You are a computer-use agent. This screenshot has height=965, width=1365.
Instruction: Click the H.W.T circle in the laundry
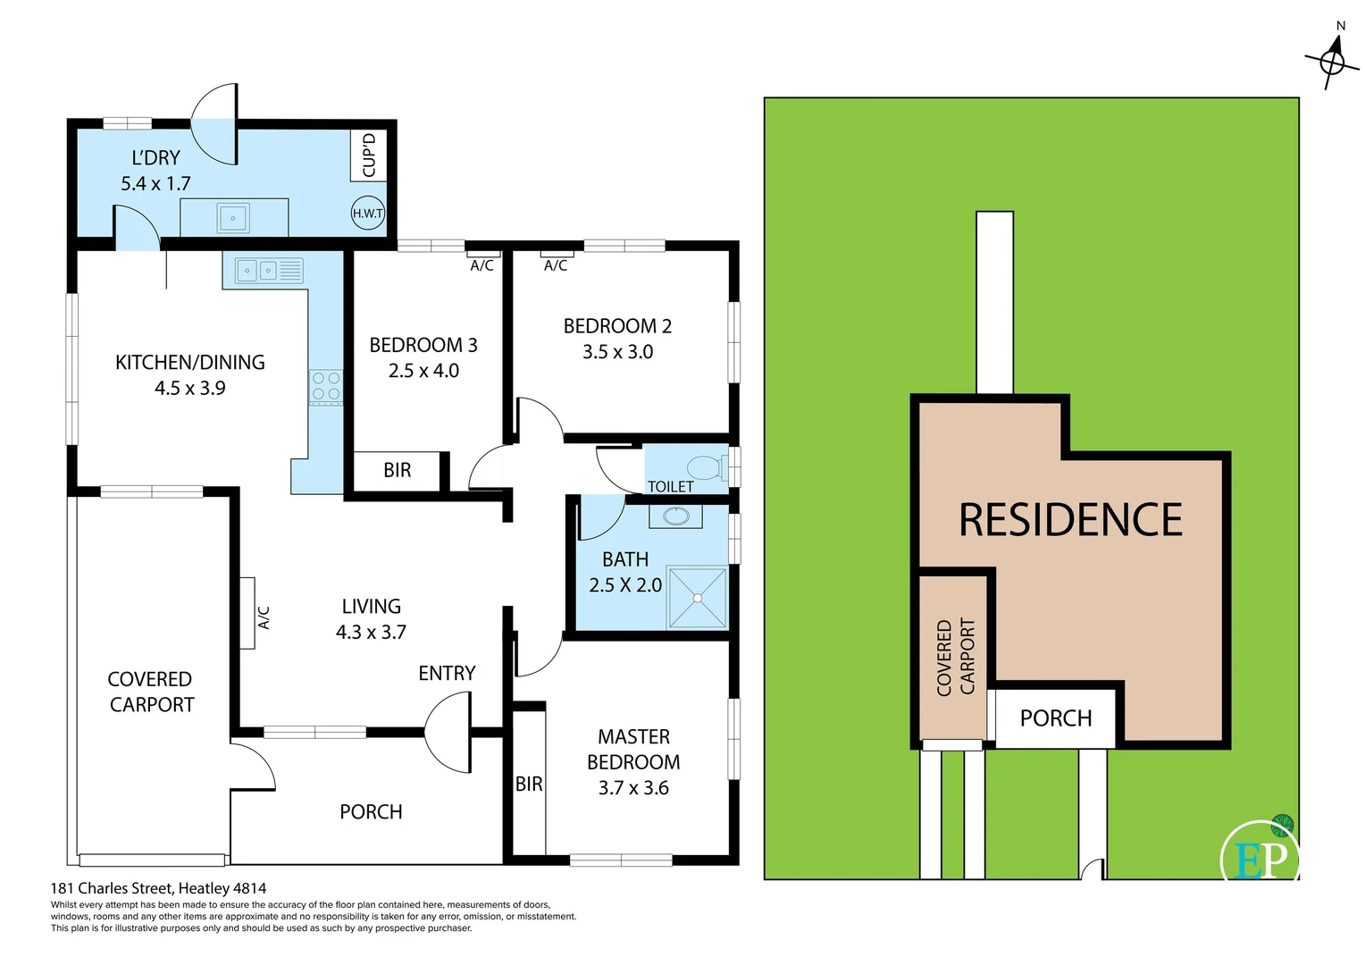(x=367, y=213)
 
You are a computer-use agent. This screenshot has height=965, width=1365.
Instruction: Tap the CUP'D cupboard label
(x=368, y=155)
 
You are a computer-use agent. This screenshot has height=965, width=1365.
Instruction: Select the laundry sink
(x=233, y=218)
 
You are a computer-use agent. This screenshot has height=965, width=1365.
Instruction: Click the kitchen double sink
(x=268, y=270)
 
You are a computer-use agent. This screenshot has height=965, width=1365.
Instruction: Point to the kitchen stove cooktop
(x=326, y=387)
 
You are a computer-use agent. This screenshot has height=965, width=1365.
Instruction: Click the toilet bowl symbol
(x=705, y=467)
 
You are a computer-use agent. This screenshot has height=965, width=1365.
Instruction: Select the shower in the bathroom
(x=698, y=597)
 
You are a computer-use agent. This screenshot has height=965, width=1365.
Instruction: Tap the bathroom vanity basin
(x=675, y=516)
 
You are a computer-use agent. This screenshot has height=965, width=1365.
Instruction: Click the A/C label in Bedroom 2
(x=556, y=265)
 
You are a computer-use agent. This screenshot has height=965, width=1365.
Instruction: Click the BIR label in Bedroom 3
(x=398, y=470)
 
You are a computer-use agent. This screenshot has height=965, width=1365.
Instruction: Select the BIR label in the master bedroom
(x=529, y=784)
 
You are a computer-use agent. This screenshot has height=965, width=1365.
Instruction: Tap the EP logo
(x=1260, y=857)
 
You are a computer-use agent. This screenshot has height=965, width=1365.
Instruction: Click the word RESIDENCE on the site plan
(x=1070, y=520)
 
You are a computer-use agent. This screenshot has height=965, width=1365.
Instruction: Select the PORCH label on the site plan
(x=1056, y=718)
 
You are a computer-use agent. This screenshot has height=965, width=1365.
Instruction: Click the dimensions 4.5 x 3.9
(x=190, y=388)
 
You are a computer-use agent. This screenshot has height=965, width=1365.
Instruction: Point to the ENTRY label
(x=447, y=673)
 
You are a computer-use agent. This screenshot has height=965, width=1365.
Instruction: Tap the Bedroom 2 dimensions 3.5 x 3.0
(x=617, y=352)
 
